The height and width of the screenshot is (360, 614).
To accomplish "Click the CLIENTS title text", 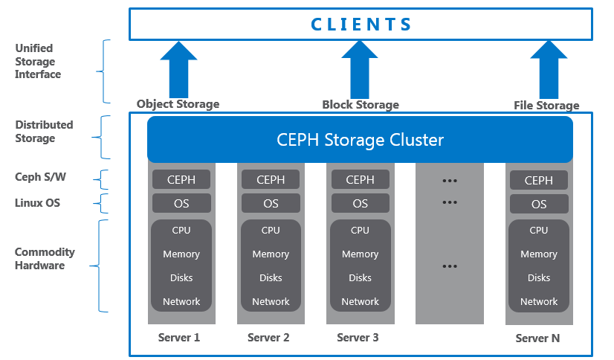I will [x=361, y=24].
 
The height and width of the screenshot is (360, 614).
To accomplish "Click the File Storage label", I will [x=546, y=105].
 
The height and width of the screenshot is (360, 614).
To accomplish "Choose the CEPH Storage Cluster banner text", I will [x=360, y=139].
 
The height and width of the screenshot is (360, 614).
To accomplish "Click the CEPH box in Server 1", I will [x=181, y=179].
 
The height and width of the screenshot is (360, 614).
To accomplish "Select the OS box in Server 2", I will [x=271, y=203].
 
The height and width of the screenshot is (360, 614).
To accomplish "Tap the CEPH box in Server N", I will [x=538, y=180].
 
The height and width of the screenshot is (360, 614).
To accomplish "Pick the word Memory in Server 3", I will [x=360, y=254].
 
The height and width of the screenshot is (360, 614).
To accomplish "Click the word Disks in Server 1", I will [x=181, y=277].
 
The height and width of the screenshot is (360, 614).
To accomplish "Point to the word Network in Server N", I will [x=538, y=301].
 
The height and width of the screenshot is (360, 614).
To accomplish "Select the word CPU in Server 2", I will [x=271, y=230].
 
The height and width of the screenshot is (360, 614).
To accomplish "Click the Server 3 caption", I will [x=358, y=337].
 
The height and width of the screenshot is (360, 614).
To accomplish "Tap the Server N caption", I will [x=537, y=338].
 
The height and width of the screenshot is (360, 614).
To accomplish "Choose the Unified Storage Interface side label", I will [x=38, y=61].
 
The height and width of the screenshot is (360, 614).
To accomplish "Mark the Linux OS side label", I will [x=37, y=203].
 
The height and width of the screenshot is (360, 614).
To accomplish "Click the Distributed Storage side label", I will [x=44, y=132].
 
